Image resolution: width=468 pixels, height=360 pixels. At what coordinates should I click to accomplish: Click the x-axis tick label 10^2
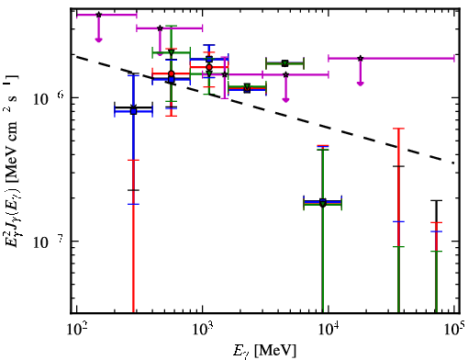tap(76, 329)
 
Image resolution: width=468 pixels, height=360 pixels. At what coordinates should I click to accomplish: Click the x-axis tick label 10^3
tap(203, 329)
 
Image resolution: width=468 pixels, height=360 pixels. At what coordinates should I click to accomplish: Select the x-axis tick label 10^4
tap(329, 329)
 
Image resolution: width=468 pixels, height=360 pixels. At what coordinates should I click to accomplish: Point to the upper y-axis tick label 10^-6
tap(49, 98)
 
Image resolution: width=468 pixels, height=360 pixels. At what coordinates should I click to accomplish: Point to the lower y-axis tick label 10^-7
tap(49, 242)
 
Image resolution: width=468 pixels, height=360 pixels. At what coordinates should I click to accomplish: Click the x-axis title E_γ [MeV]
tap(264, 350)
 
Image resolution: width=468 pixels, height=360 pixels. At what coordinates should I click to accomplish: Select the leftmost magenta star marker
tap(98, 15)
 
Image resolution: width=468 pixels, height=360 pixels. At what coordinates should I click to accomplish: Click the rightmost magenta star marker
tap(361, 58)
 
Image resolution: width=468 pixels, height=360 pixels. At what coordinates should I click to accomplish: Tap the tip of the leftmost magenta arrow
tap(98, 41)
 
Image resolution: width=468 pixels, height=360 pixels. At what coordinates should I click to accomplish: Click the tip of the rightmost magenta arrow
tap(361, 85)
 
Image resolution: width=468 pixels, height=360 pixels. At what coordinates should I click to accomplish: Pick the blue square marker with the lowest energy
tap(133, 111)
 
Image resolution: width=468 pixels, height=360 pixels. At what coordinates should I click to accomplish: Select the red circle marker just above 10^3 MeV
tap(209, 67)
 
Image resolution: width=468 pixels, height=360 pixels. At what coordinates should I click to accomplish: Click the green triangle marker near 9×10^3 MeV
tap(323, 204)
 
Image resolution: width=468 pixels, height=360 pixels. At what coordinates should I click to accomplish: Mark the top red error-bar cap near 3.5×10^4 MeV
tap(398, 129)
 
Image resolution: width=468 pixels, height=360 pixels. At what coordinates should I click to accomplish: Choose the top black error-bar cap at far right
tap(436, 201)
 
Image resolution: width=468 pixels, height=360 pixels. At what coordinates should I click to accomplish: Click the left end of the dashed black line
tap(76, 56)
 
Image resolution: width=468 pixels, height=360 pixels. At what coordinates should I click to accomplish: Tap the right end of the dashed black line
tap(453, 163)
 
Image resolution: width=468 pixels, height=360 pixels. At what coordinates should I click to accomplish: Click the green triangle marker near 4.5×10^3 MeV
tap(285, 63)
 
